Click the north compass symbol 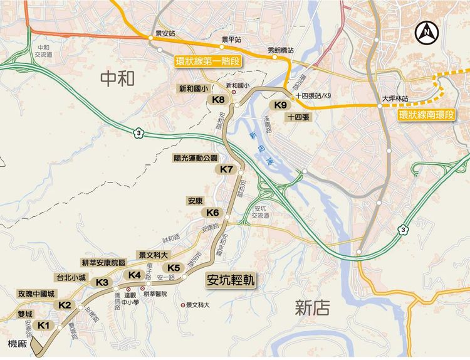(x=429, y=30)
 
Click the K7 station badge (x=227, y=170)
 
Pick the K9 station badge (x=279, y=105)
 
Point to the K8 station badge (x=219, y=100)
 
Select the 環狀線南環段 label (x=428, y=116)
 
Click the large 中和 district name (x=118, y=78)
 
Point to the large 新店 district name (x=313, y=307)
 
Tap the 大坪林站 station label (x=395, y=99)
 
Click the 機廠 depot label (x=18, y=344)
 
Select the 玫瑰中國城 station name (x=36, y=294)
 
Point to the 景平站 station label (x=231, y=40)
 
